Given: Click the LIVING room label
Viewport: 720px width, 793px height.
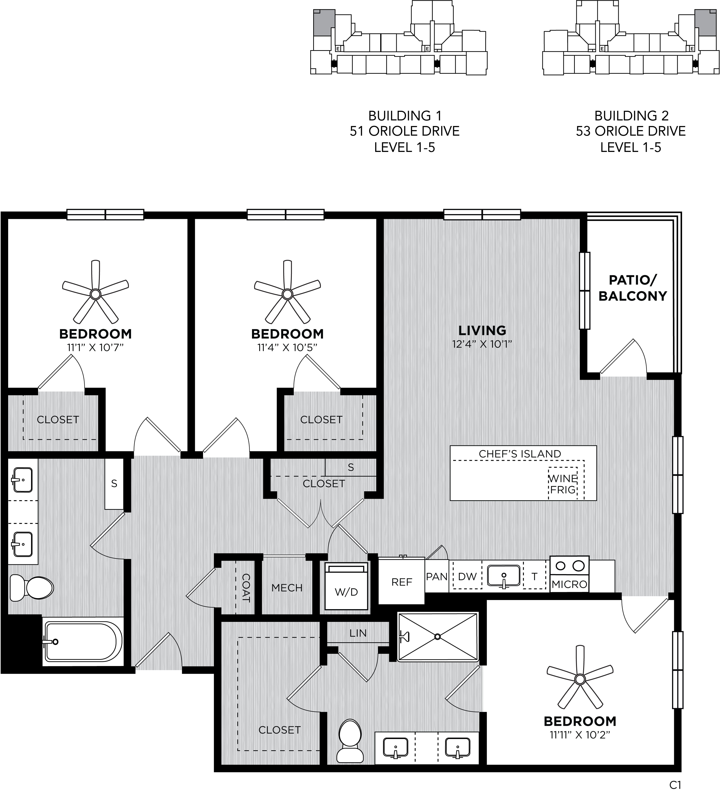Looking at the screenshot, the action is click(482, 330).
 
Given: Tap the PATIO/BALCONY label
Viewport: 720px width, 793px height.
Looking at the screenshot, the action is click(633, 288).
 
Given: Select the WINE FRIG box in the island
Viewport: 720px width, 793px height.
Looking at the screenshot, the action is click(563, 483).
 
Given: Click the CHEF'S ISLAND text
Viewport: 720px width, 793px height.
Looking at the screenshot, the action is click(520, 454).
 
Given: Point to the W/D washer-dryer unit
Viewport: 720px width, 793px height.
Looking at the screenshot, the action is click(346, 586).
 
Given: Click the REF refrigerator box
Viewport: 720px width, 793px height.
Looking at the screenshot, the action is click(402, 581).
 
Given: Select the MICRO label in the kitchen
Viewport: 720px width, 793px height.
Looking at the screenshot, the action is click(569, 584).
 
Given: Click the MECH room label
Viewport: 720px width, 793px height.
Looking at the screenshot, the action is click(287, 588).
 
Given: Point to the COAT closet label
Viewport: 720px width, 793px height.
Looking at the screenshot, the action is click(246, 588).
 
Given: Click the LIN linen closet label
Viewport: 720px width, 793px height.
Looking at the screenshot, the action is click(358, 633).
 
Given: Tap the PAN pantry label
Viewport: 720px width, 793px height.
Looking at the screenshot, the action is click(437, 577).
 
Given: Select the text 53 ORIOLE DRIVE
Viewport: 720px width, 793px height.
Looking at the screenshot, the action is click(631, 131).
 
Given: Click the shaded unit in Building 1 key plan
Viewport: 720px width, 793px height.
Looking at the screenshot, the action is click(324, 22).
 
